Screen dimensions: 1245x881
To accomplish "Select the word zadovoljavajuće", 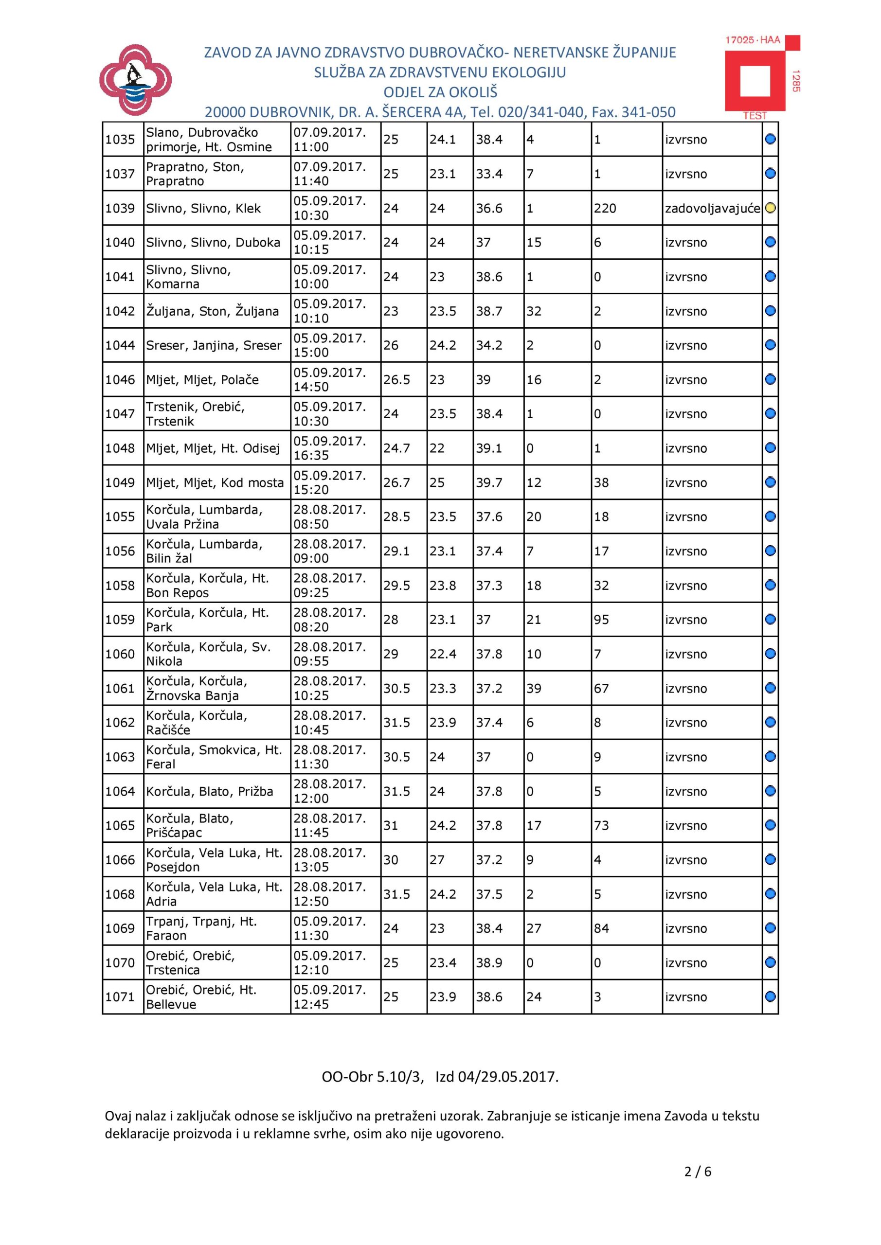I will pyautogui.click(x=712, y=209).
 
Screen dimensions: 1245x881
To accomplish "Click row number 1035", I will pyautogui.click(x=120, y=140).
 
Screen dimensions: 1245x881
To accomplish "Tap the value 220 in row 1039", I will pyautogui.click(x=605, y=209).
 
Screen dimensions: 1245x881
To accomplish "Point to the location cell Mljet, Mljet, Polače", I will pyautogui.click(x=202, y=379).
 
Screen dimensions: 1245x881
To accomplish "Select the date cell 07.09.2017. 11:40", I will pyautogui.click(x=330, y=174).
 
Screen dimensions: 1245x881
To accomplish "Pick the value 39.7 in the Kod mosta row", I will pyautogui.click(x=489, y=482).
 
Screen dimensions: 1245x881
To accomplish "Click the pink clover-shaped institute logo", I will pyautogui.click(x=136, y=80).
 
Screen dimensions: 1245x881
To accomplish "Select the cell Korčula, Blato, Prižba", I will pyautogui.click(x=209, y=792).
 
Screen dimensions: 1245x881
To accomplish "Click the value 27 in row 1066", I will pyautogui.click(x=437, y=860).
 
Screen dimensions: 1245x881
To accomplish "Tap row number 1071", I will pyautogui.click(x=120, y=997).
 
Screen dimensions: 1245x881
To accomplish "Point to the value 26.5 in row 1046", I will pyautogui.click(x=396, y=379).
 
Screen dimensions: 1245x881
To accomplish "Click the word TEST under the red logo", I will pyautogui.click(x=755, y=115).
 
